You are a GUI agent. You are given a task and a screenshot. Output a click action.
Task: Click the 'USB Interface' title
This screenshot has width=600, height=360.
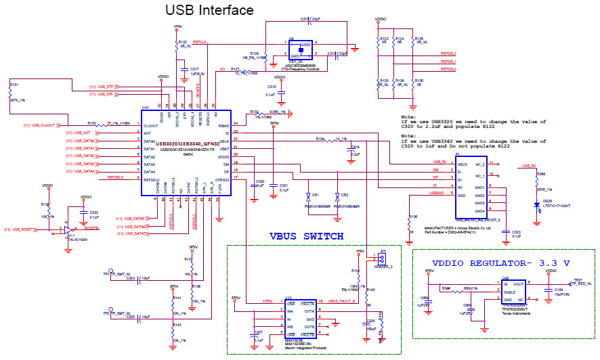click(210, 10)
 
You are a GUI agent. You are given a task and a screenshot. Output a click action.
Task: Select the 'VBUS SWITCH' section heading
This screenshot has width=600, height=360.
click(306, 236)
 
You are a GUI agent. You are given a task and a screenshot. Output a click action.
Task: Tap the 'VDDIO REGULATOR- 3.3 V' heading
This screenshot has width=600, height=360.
click(502, 263)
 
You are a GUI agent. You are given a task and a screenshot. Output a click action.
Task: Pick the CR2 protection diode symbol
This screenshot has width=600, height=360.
click(343, 195)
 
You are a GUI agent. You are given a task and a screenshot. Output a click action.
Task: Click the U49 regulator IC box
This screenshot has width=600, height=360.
click(513, 292)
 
